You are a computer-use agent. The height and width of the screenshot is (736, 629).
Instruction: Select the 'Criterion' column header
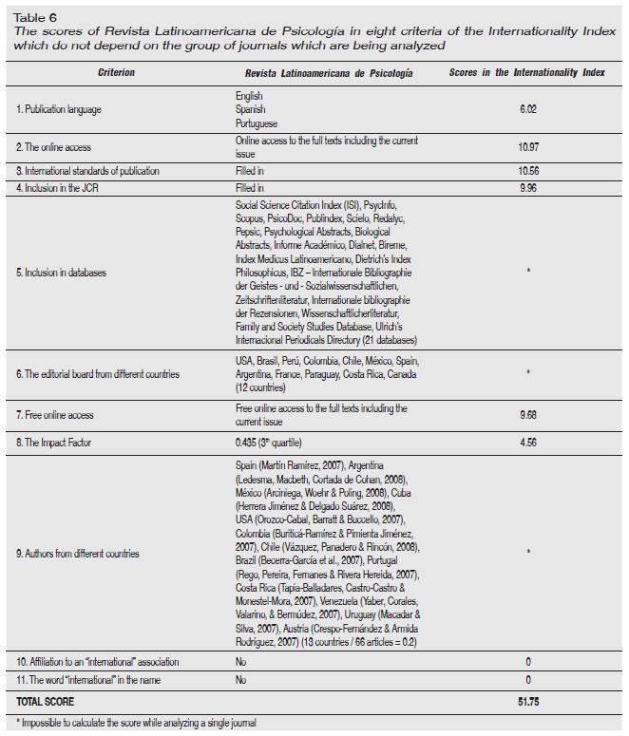116,73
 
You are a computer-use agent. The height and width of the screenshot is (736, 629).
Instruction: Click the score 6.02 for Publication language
528,110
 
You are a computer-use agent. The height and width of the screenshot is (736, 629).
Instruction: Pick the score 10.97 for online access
528,147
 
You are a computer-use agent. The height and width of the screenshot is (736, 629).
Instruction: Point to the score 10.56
528,171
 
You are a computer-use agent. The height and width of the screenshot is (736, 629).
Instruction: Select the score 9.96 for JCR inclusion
528,188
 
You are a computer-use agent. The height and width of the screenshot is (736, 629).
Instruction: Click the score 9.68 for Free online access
528,414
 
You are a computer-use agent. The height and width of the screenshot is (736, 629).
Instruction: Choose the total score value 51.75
528,702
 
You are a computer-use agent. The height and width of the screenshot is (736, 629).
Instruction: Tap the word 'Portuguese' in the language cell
257,123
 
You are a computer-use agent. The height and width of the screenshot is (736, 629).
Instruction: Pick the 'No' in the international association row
241,661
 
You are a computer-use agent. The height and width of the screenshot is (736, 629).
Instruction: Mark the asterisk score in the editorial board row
528,374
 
